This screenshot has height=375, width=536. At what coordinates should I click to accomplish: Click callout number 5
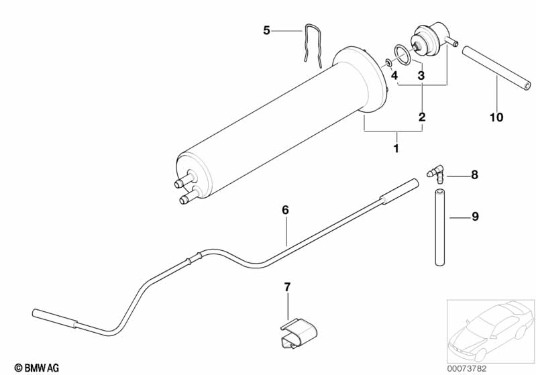click(266, 30)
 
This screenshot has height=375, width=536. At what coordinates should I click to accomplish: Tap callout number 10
click(496, 118)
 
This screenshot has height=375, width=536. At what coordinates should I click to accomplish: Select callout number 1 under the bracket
click(396, 148)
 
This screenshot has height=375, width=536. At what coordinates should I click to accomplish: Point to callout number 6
click(285, 210)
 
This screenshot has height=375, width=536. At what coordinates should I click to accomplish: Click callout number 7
click(287, 287)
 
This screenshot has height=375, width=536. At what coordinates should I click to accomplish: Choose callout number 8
click(474, 175)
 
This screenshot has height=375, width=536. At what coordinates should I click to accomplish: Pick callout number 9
click(474, 216)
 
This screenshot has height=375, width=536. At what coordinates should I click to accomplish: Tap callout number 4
click(394, 75)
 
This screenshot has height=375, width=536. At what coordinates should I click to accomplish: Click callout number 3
click(421, 76)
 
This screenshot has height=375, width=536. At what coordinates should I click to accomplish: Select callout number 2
click(422, 117)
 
